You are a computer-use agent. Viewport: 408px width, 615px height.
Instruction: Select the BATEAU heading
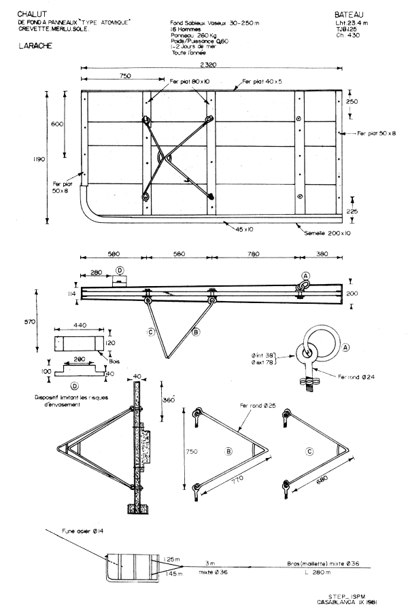click(x=350, y=14)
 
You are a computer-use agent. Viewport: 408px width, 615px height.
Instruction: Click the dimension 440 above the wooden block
click(x=80, y=326)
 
